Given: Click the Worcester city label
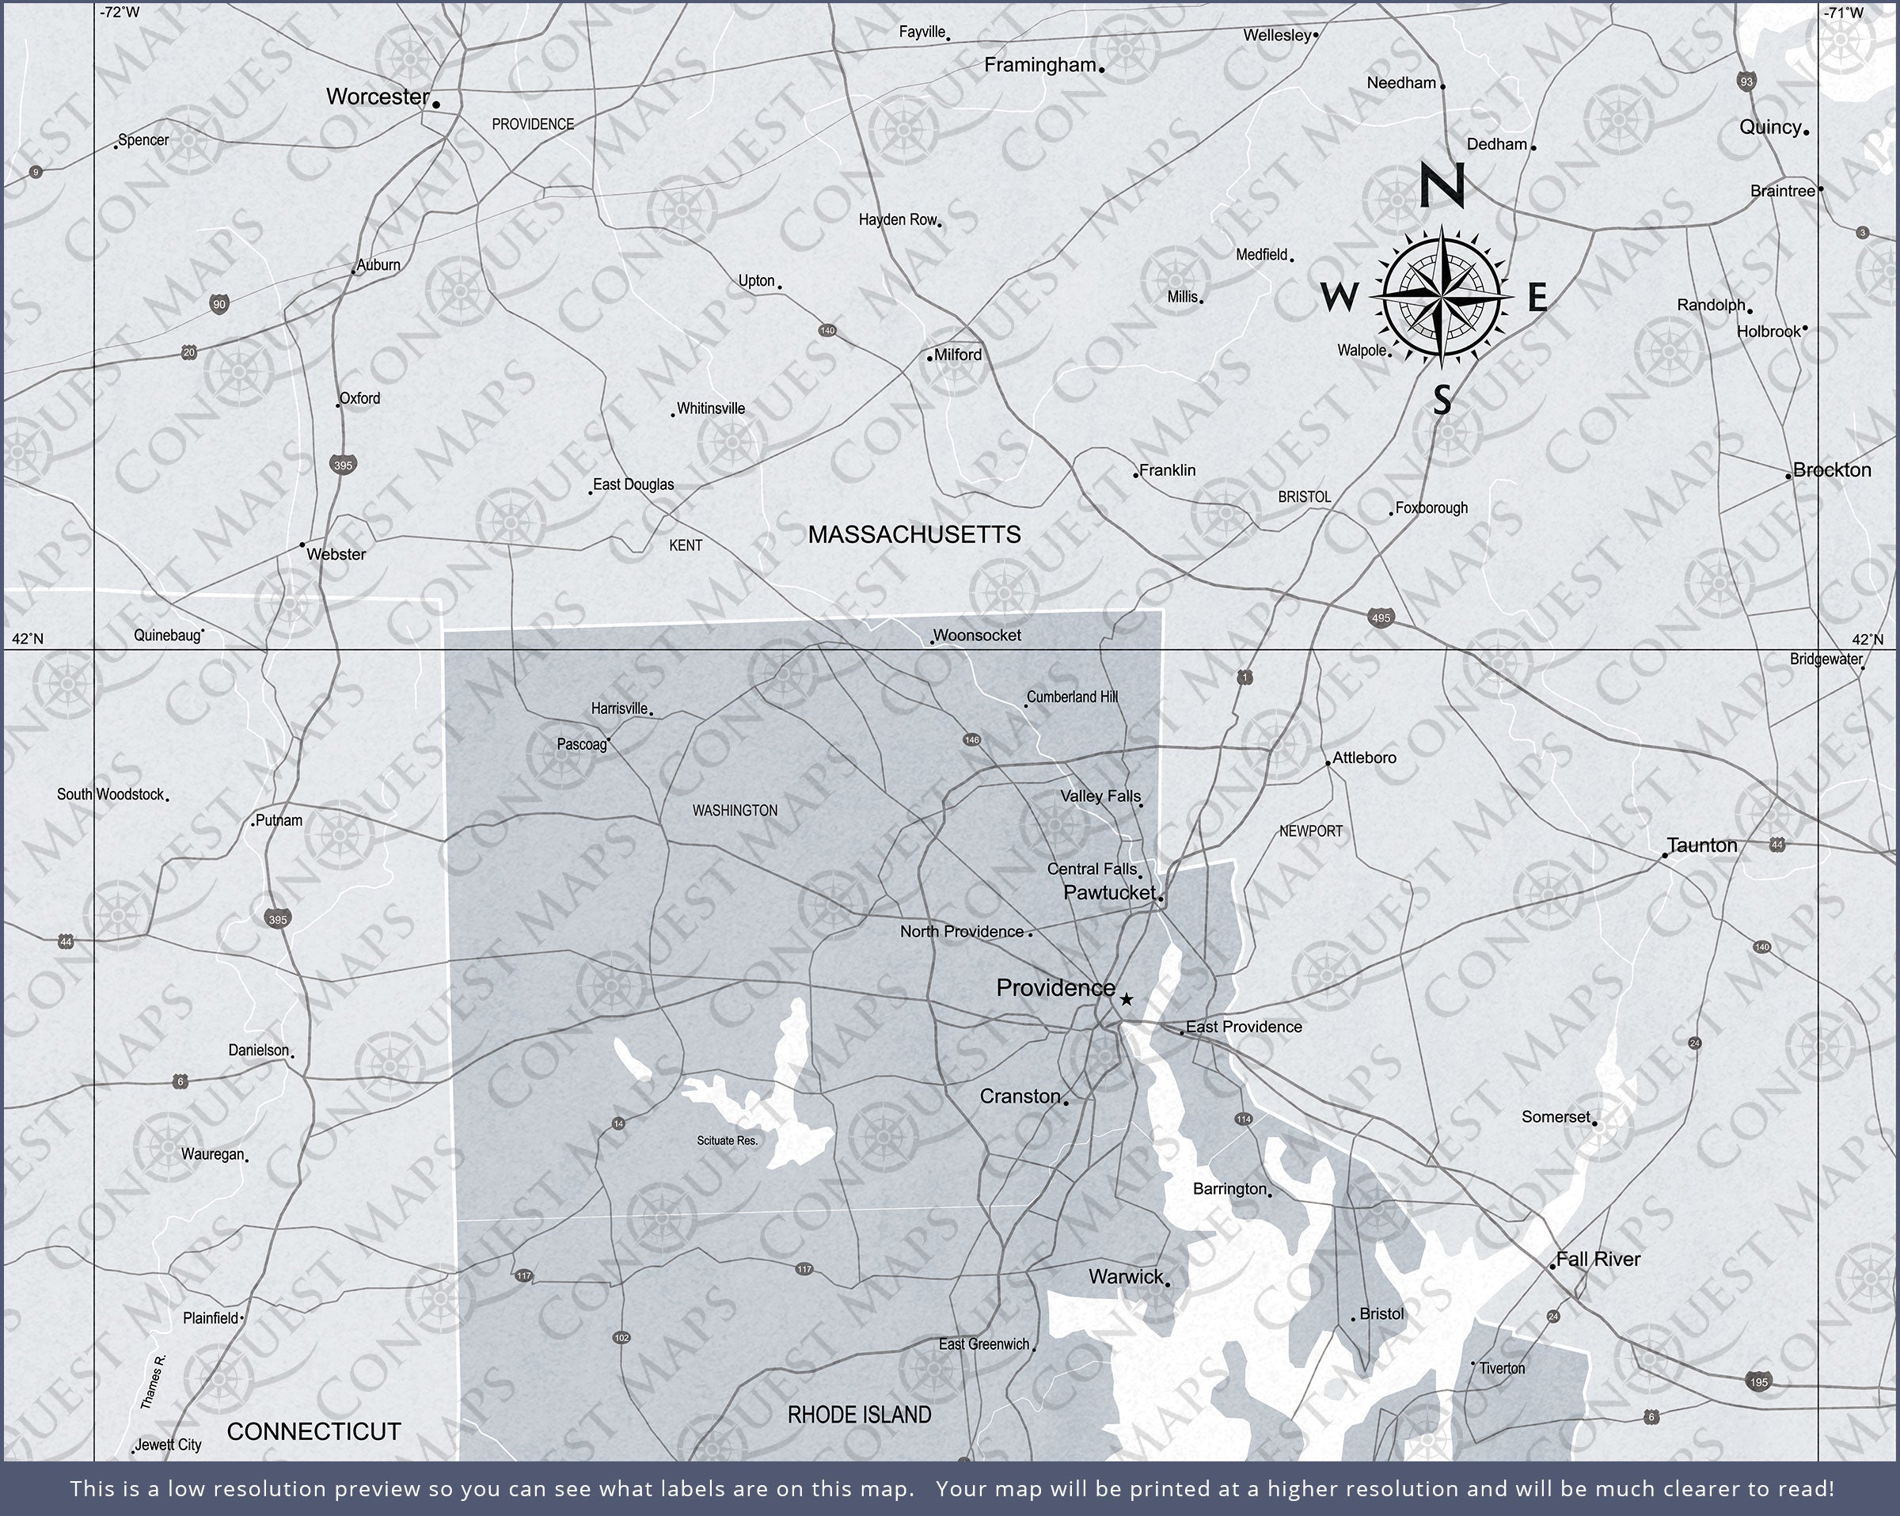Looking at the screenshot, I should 377,97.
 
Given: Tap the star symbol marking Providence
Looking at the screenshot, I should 1127,1000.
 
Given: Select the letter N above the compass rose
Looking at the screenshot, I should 1442,186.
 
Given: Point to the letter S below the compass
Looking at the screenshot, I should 1442,400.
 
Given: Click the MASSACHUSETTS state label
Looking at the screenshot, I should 914,535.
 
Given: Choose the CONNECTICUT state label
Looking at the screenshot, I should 313,1431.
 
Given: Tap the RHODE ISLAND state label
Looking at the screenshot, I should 858,1415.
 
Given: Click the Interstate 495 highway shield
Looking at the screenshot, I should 1381,617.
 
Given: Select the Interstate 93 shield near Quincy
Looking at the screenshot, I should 1746,81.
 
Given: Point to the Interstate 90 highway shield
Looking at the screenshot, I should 219,305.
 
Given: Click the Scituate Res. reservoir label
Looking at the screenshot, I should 727,1141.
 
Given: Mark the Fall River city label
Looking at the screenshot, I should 1598,1260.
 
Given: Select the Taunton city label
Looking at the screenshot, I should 1702,845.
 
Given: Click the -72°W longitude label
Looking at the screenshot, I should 119,13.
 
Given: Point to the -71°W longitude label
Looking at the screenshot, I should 1844,13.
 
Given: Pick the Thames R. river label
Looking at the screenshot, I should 153,1382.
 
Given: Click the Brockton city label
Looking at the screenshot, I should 1831,469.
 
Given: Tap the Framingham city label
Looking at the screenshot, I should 1040,65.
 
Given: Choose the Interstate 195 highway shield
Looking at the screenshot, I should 1758,1381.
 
